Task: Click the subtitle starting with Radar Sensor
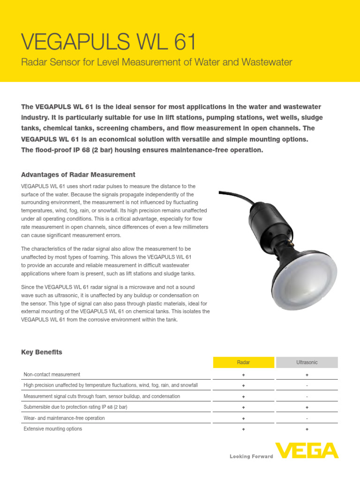[x=157, y=62]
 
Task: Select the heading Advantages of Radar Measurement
[x=78, y=175]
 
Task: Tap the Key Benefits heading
[x=42, y=352]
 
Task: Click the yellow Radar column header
[x=243, y=362]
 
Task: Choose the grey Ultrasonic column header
[x=307, y=362]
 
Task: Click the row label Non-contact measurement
[x=52, y=375]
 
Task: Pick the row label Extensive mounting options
[x=53, y=429]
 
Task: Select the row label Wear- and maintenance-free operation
[x=64, y=418]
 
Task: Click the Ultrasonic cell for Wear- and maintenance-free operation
[x=307, y=418]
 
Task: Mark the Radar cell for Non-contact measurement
[x=243, y=375]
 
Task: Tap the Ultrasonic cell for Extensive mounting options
[x=307, y=429]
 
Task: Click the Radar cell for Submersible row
[x=243, y=407]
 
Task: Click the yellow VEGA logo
[x=307, y=451]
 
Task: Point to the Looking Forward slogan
[x=251, y=456]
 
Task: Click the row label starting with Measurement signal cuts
[x=102, y=397]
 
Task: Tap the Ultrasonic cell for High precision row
[x=307, y=386]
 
